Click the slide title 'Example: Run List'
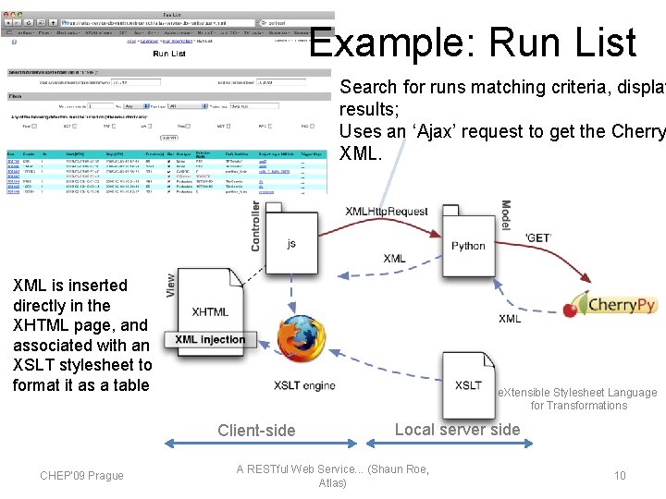tap(473, 43)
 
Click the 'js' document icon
tap(291, 243)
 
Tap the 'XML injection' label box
tap(210, 340)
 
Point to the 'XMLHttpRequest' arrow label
tap(387, 212)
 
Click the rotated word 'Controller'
tap(256, 226)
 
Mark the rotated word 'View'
tap(170, 284)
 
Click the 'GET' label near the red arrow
tap(537, 237)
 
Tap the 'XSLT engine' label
tap(304, 385)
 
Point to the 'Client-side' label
tap(256, 430)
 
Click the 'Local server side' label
tap(457, 429)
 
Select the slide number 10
tap(620, 475)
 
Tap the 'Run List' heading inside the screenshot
tap(169, 54)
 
